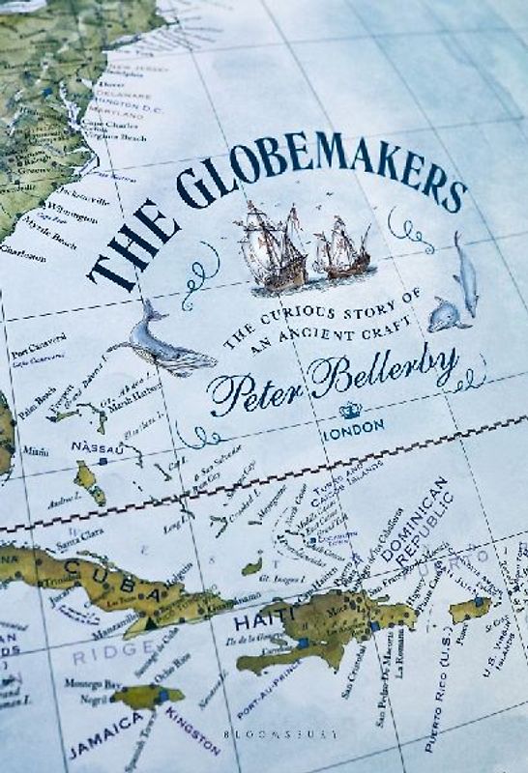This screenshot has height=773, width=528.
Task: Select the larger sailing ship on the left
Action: (x=271, y=246)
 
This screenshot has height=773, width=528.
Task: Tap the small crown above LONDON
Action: (x=350, y=410)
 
